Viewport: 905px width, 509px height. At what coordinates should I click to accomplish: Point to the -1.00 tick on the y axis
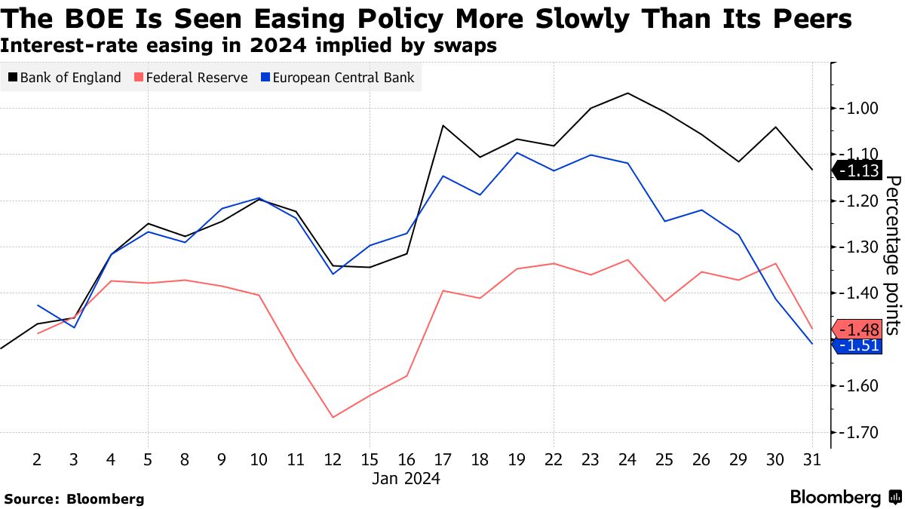point(859,108)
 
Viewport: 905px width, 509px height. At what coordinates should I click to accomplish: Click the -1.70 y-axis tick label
point(859,432)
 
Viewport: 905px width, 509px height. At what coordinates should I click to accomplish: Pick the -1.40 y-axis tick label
point(859,293)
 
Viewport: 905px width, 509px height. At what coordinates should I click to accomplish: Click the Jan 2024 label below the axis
point(406,478)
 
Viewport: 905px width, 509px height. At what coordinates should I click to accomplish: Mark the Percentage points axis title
point(892,255)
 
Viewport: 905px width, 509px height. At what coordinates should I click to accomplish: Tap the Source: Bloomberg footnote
point(74,498)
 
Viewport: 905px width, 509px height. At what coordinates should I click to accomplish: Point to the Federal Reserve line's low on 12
point(333,417)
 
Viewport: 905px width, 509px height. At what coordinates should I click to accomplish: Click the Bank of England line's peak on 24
point(627,93)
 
